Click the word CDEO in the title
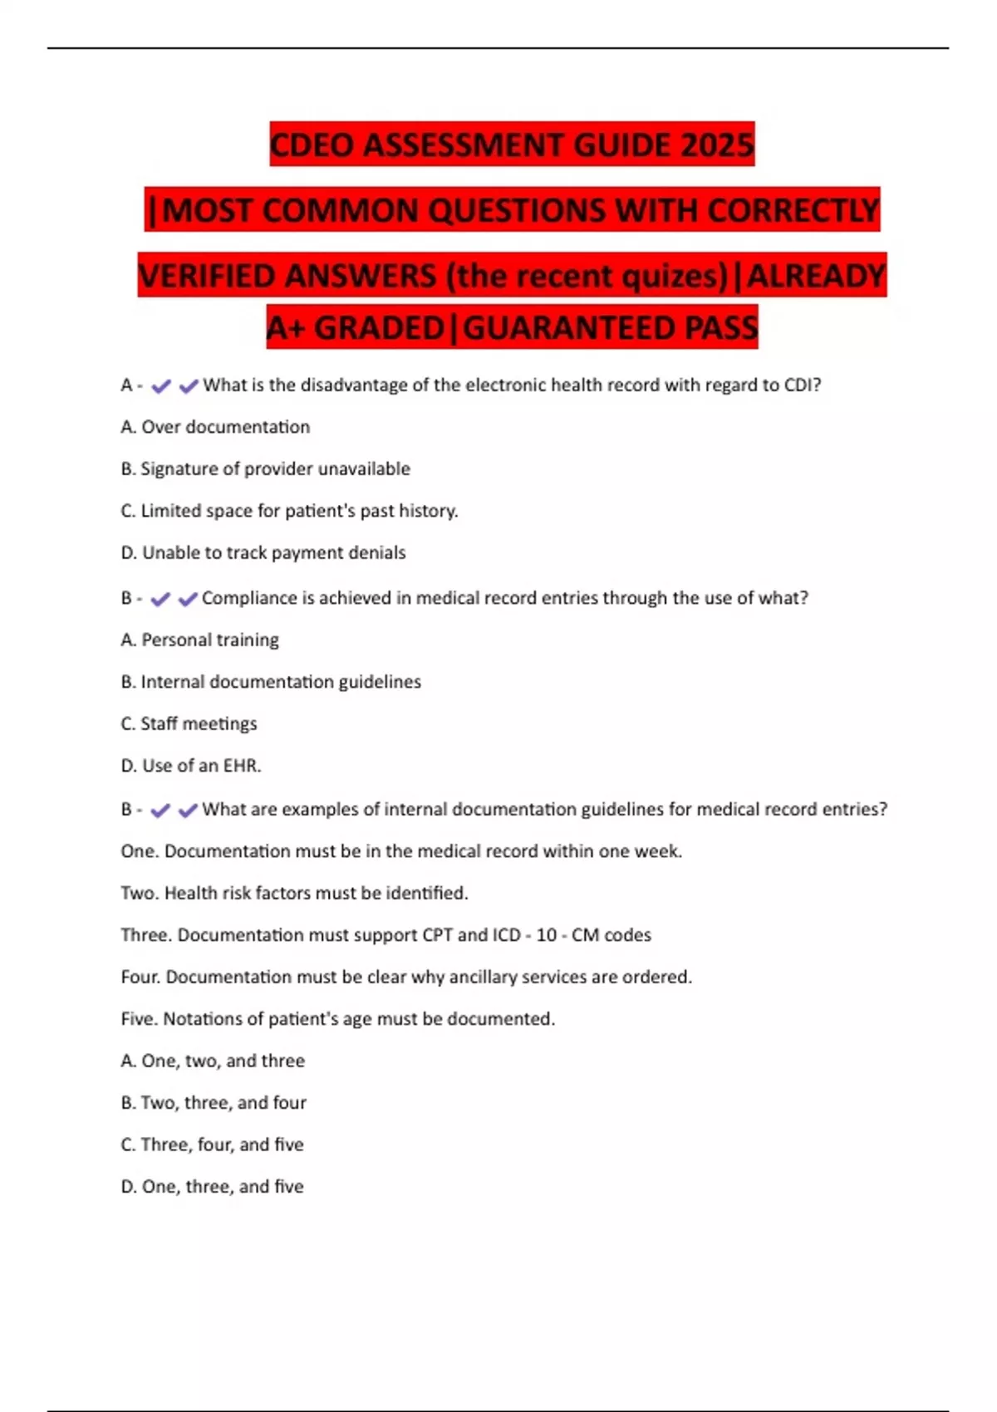(x=312, y=145)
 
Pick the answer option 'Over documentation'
(x=215, y=427)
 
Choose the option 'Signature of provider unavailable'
(x=265, y=468)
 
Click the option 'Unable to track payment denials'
(x=263, y=552)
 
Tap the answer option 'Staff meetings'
(x=189, y=723)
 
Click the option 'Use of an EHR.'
(x=191, y=766)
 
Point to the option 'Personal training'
(x=200, y=640)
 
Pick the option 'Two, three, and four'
(x=214, y=1103)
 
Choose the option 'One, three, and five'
(x=212, y=1187)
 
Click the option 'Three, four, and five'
(x=212, y=1145)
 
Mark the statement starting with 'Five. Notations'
(x=337, y=1019)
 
